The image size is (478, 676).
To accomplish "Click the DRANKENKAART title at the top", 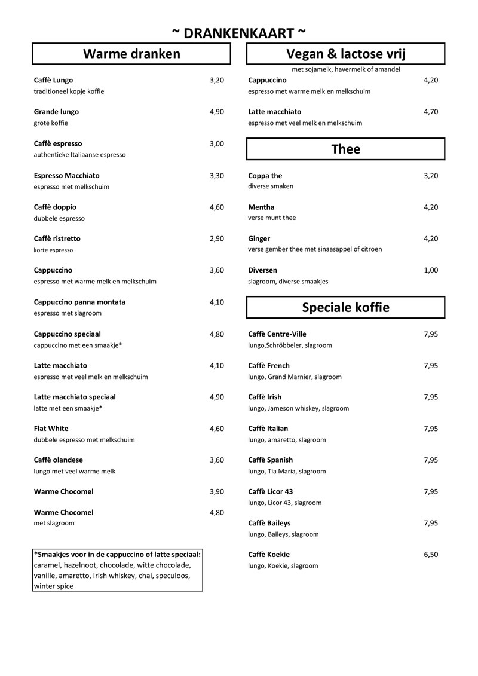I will click(238, 33).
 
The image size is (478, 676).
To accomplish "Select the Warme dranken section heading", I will click(131, 54).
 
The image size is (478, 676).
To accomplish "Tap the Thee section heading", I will click(345, 149).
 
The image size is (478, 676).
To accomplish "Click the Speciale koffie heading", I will click(345, 307).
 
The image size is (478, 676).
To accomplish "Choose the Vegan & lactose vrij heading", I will click(345, 54).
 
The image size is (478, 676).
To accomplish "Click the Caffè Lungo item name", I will click(53, 80).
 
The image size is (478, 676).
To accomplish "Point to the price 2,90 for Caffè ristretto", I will click(217, 238).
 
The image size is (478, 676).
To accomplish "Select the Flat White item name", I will click(51, 429).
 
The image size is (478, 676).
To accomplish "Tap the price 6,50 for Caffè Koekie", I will click(431, 555).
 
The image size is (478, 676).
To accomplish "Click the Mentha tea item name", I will click(261, 207).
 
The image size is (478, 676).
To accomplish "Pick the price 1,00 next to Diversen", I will click(431, 270).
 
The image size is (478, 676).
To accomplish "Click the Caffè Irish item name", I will click(265, 397).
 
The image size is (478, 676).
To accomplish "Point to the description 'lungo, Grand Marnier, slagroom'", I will click(295, 377).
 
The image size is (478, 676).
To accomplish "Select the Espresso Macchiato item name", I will click(67, 176).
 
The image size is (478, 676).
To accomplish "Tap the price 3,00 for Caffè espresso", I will click(217, 143).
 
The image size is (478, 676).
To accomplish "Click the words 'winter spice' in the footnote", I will click(54, 586).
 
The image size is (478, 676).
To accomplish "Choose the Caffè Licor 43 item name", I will click(270, 492).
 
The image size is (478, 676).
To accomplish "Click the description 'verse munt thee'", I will click(272, 218).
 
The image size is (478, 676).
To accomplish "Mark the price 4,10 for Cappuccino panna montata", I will click(217, 302).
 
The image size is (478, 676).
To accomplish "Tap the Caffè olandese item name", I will click(58, 460).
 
